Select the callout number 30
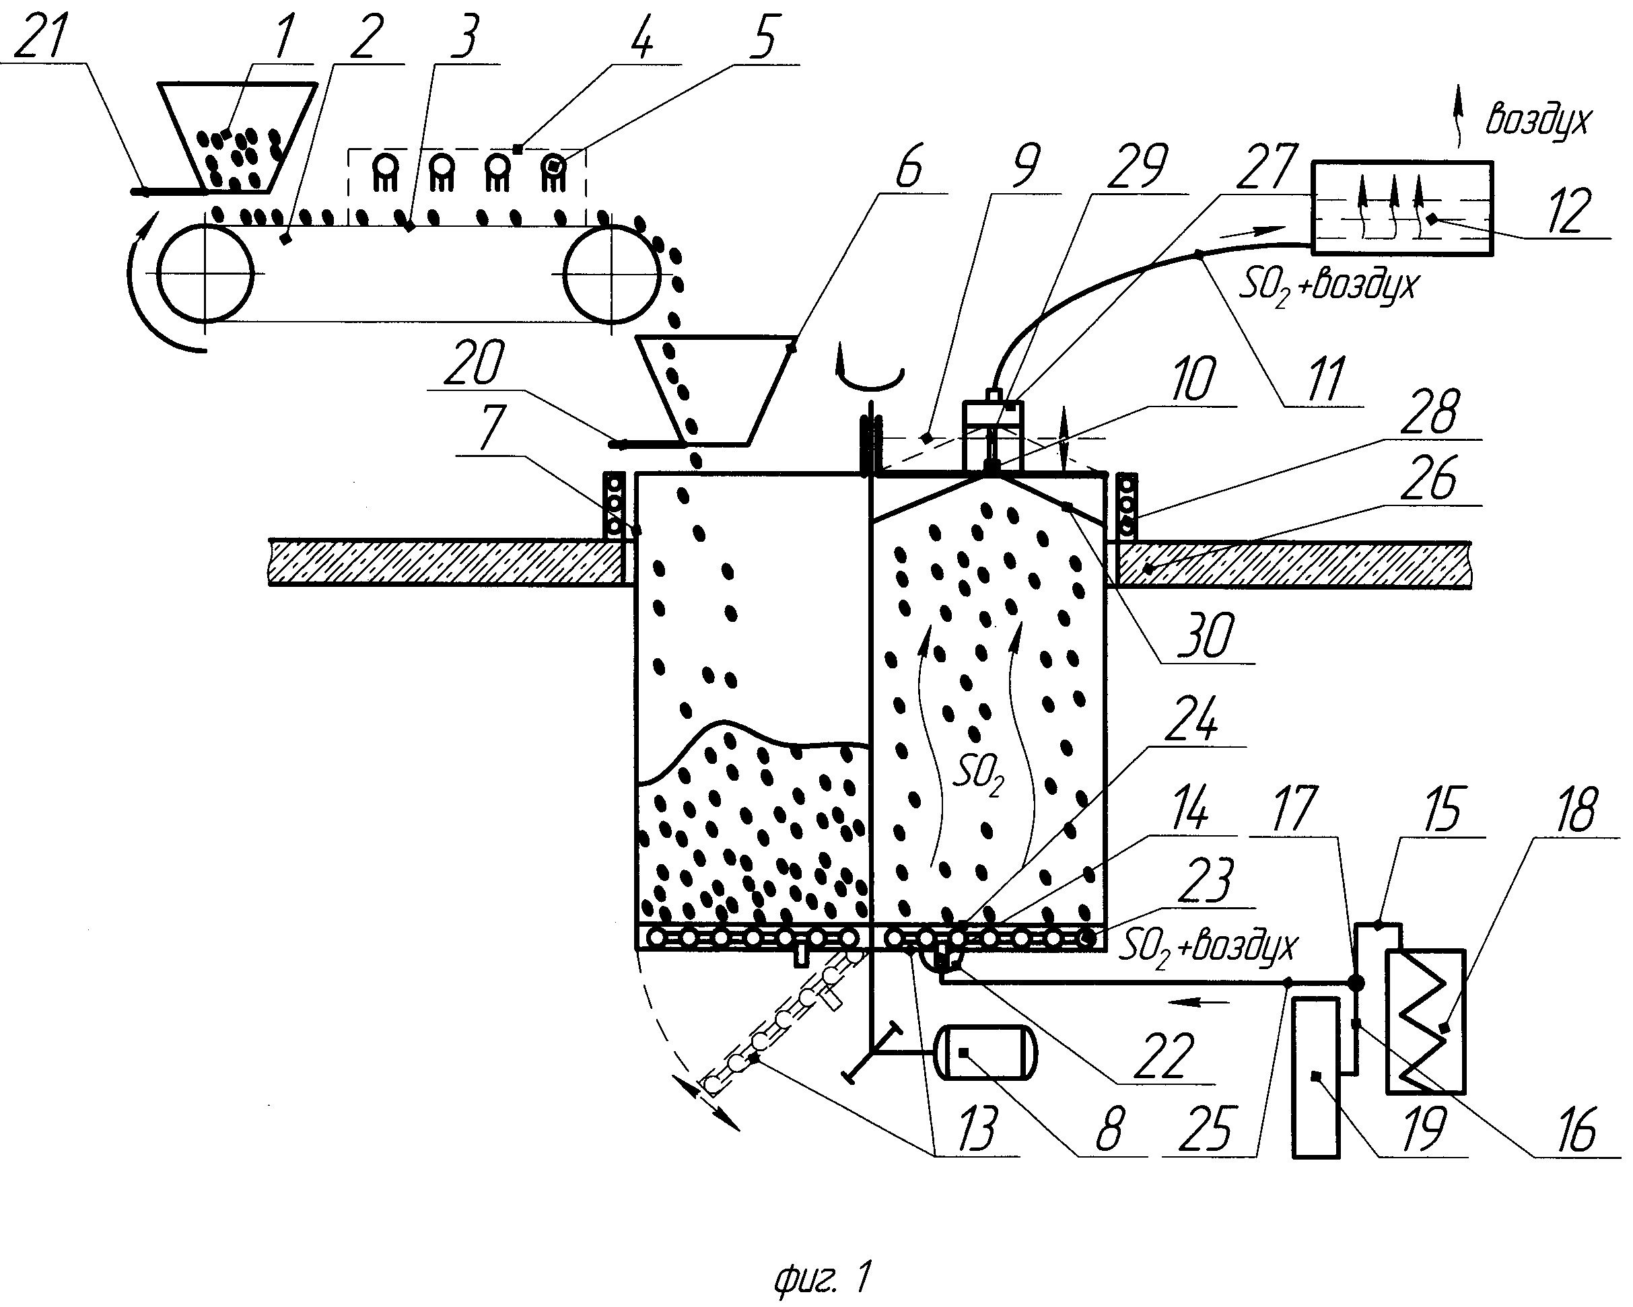(1208, 635)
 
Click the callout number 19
(1423, 1128)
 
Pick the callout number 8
(1109, 1128)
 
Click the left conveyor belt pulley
(205, 273)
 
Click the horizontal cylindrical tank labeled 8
(985, 1053)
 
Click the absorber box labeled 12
(1401, 208)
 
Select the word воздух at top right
(1537, 121)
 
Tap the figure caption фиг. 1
(822, 1278)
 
